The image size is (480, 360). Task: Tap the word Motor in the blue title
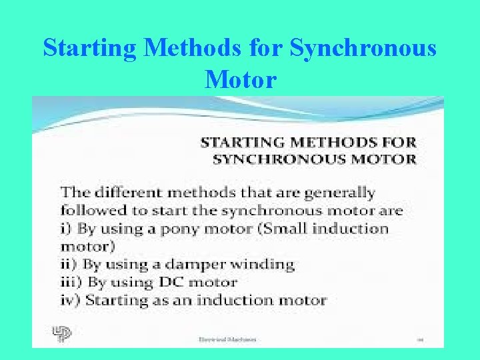coord(241,79)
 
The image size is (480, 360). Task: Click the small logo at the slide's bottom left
coord(61,333)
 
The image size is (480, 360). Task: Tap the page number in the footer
coord(421,339)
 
